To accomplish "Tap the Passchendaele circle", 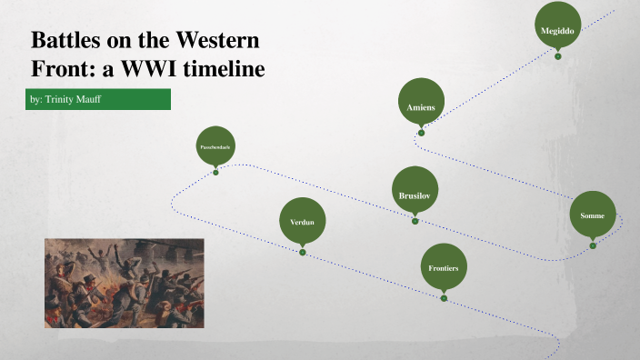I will [x=215, y=145].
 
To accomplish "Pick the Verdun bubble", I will [x=302, y=222].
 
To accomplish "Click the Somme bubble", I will [x=593, y=216].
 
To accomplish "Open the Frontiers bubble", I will [x=444, y=268].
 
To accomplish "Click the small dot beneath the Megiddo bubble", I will [x=557, y=57].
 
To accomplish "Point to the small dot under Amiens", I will [x=421, y=133].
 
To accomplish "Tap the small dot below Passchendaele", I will [x=215, y=172].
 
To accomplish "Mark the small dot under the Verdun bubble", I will [x=303, y=253].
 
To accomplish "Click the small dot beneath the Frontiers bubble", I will [x=444, y=298].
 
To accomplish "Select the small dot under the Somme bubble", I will [x=593, y=245].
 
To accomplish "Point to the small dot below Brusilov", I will [x=415, y=221].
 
